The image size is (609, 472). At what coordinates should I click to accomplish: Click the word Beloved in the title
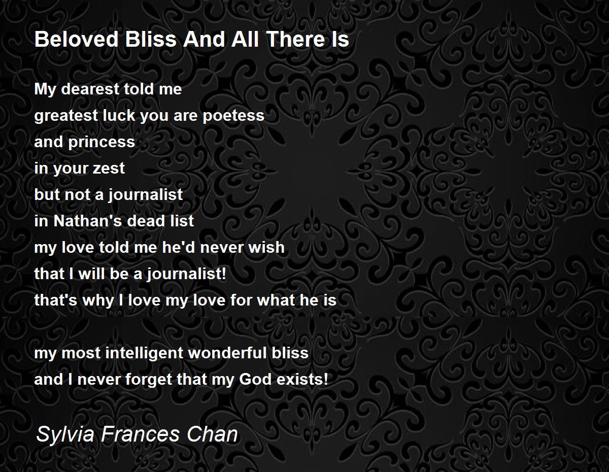76,39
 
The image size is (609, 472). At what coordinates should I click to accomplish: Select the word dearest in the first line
91,89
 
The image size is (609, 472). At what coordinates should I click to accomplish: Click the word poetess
233,116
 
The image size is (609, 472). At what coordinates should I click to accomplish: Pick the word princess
101,142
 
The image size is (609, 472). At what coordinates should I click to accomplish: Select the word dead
144,221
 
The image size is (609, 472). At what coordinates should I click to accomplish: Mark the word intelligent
144,353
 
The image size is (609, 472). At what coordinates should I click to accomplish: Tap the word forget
149,380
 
